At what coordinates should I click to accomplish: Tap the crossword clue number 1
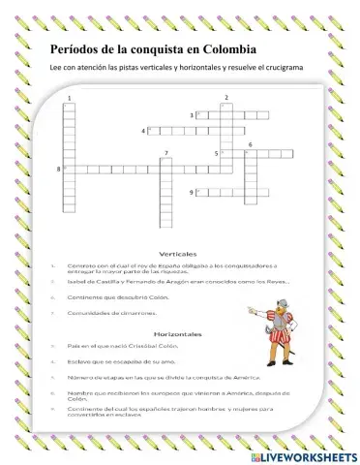click(70, 99)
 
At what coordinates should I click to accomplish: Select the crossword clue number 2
click(225, 98)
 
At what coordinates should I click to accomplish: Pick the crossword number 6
click(251, 144)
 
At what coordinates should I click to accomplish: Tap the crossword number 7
click(166, 154)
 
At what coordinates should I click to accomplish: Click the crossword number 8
click(60, 170)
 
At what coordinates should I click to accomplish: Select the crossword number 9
click(192, 194)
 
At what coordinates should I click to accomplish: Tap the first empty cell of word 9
click(201, 194)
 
